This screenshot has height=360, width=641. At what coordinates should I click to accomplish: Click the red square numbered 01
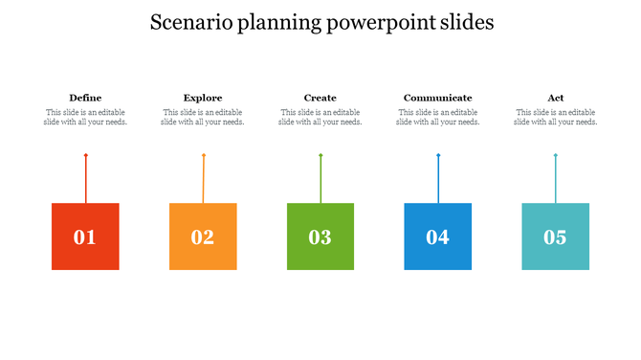(x=85, y=236)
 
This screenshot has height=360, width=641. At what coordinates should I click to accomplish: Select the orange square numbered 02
(x=203, y=236)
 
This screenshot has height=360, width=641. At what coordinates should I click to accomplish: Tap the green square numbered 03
(x=320, y=236)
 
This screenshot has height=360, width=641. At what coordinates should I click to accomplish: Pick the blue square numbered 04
(x=437, y=236)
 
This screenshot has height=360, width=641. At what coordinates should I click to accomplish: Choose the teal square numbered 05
(x=555, y=236)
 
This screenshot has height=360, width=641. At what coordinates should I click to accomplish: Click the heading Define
(x=85, y=98)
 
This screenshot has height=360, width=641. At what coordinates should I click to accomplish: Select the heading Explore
(x=203, y=98)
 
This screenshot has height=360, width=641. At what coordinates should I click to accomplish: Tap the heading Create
(x=320, y=98)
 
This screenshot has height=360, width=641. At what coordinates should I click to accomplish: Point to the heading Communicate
(x=437, y=98)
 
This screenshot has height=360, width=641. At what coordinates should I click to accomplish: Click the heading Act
(x=555, y=98)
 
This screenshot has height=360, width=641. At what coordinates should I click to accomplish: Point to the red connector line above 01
(x=85, y=179)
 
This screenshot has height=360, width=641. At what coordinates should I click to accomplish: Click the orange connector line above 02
(x=203, y=179)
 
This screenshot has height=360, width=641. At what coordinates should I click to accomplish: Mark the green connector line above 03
(x=320, y=179)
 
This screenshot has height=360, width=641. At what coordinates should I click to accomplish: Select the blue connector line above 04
(x=438, y=179)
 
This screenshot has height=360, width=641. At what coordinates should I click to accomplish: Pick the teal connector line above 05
(x=555, y=179)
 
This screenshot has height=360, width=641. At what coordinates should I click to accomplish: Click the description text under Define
(x=85, y=117)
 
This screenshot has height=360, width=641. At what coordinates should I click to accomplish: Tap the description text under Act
(x=555, y=117)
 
